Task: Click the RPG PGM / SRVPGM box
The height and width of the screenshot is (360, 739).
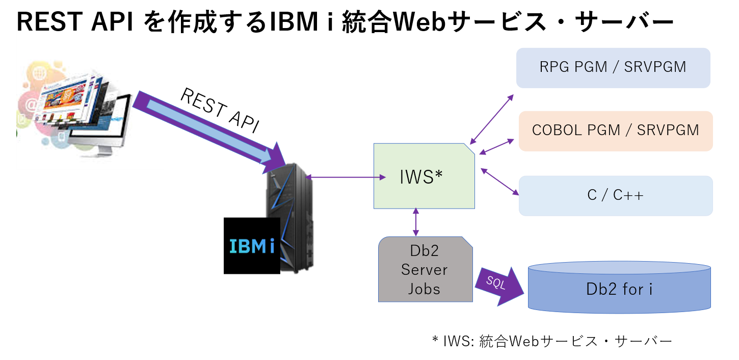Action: (x=613, y=68)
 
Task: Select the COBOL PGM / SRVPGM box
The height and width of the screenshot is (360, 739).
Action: (x=616, y=131)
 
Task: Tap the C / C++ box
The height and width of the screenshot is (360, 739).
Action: (x=616, y=195)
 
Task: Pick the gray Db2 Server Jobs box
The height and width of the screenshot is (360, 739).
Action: (x=425, y=269)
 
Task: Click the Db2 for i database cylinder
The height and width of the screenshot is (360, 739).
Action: (x=619, y=289)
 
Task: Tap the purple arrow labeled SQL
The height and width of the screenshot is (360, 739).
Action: (x=498, y=286)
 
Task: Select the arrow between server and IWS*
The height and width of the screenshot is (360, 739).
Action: (x=346, y=177)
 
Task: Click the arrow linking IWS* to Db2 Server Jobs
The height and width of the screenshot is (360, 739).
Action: (x=416, y=222)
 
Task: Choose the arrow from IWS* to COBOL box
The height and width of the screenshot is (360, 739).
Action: (x=497, y=146)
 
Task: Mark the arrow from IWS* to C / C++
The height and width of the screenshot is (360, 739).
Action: (x=500, y=182)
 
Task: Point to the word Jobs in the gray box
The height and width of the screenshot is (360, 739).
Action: (x=424, y=289)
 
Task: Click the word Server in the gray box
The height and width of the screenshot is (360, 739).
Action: (x=424, y=270)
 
